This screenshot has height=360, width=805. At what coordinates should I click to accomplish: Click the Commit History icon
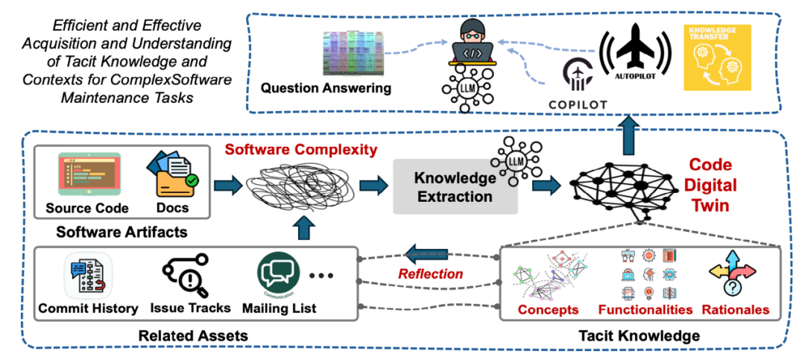click(87, 274)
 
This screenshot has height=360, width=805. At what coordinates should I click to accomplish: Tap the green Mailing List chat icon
click(278, 274)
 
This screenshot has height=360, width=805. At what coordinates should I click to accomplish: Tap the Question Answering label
click(326, 89)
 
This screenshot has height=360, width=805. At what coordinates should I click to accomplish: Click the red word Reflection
click(431, 274)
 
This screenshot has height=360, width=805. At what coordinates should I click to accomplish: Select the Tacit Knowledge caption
click(640, 336)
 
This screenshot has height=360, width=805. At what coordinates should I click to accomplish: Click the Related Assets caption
click(192, 336)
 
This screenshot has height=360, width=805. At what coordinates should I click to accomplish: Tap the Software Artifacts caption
click(121, 233)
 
